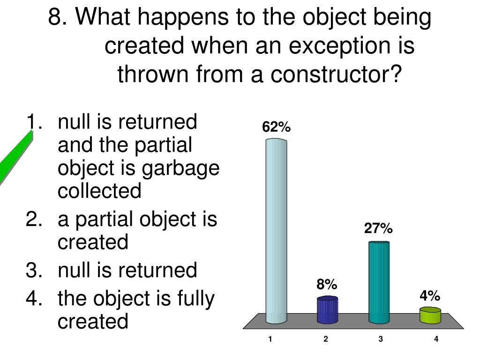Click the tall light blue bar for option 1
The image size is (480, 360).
coord(276,230)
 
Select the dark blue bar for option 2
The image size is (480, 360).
coord(327,310)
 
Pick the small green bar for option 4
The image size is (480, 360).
coord(430,315)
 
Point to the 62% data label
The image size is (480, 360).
coord(277,127)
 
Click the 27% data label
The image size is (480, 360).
coord(378,229)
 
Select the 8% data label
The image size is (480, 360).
coord(326,285)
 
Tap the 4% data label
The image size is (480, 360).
coord(429,296)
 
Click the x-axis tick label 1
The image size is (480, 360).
coord(270,339)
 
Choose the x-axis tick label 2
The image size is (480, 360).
coord(325,339)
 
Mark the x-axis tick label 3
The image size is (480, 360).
coord(381,339)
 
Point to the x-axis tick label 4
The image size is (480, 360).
coord(436,339)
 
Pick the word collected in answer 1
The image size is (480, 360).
coord(99,191)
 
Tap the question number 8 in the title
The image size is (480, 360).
coord(55,19)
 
